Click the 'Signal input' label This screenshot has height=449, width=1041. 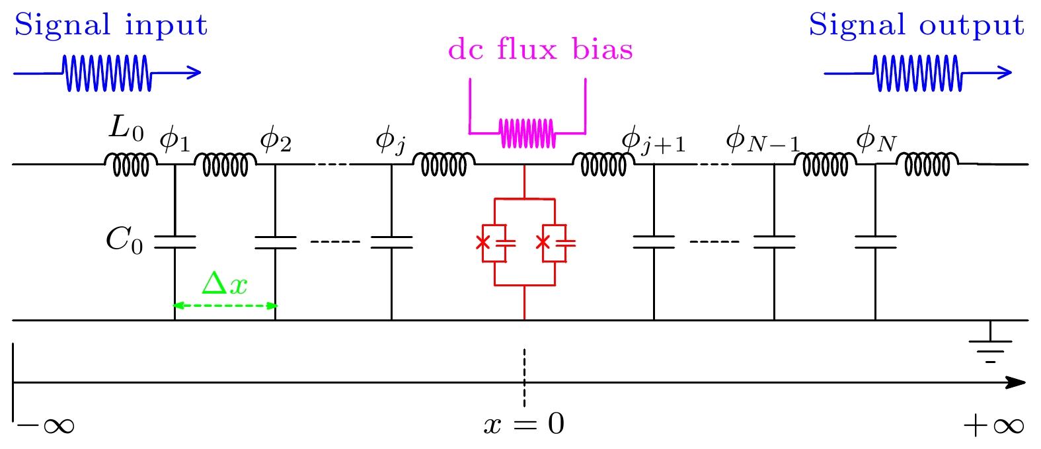[x=110, y=26]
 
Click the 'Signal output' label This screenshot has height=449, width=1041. [x=916, y=26]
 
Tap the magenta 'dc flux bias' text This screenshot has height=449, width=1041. [x=540, y=50]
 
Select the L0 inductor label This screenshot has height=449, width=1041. [x=126, y=129]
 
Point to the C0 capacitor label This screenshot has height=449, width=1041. [x=124, y=241]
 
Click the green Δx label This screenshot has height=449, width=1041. [x=225, y=284]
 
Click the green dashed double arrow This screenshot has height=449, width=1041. [x=225, y=306]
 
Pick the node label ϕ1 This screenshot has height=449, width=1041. [x=174, y=140]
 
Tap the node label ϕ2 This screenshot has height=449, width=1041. [x=276, y=140]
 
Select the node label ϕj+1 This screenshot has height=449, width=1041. [x=653, y=142]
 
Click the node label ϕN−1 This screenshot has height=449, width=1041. [x=763, y=142]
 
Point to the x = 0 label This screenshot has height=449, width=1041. [x=524, y=424]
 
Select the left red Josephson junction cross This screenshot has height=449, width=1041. [x=483, y=242]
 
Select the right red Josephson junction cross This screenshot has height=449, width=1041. [x=543, y=242]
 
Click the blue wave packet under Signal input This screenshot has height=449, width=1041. [x=107, y=73]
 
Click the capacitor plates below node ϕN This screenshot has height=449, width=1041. [x=875, y=242]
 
